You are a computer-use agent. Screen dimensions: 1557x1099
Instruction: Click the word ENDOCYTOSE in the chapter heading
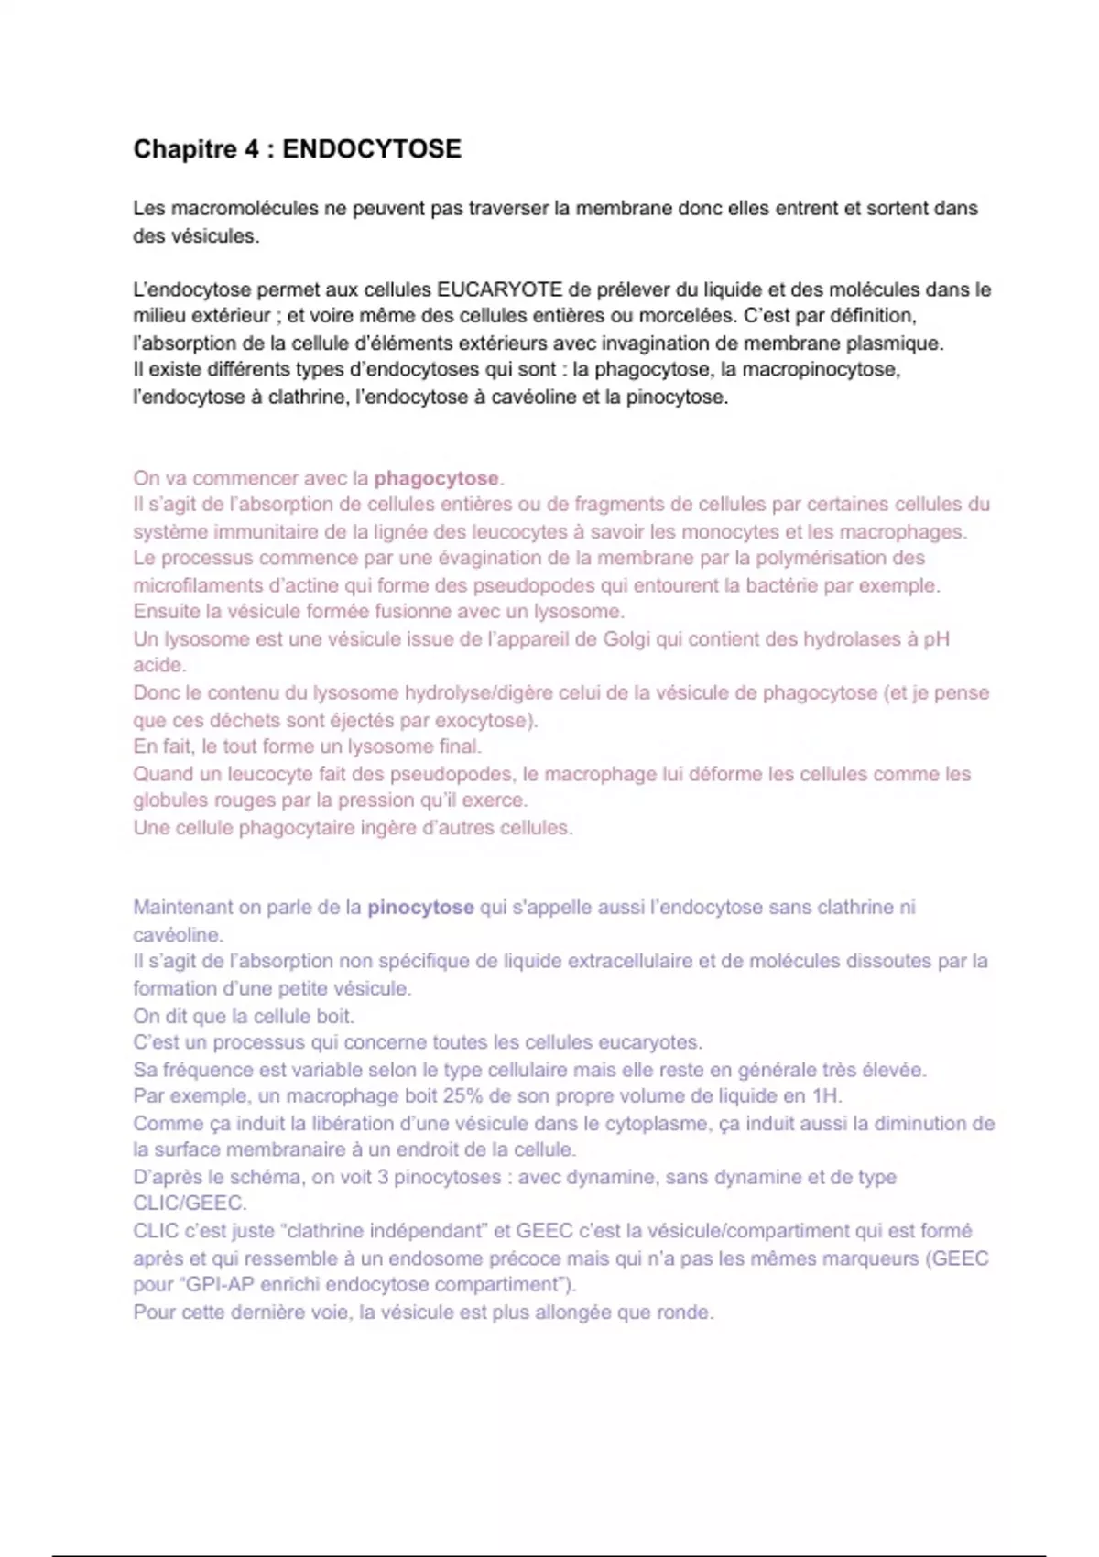[x=372, y=149]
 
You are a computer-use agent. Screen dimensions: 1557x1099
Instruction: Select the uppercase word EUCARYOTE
[x=499, y=289]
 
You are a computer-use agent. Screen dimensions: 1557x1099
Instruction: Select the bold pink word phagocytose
[x=436, y=478]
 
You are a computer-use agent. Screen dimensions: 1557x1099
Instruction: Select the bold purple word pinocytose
[x=420, y=908]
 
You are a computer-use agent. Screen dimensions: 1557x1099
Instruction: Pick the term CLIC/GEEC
[x=189, y=1203]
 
